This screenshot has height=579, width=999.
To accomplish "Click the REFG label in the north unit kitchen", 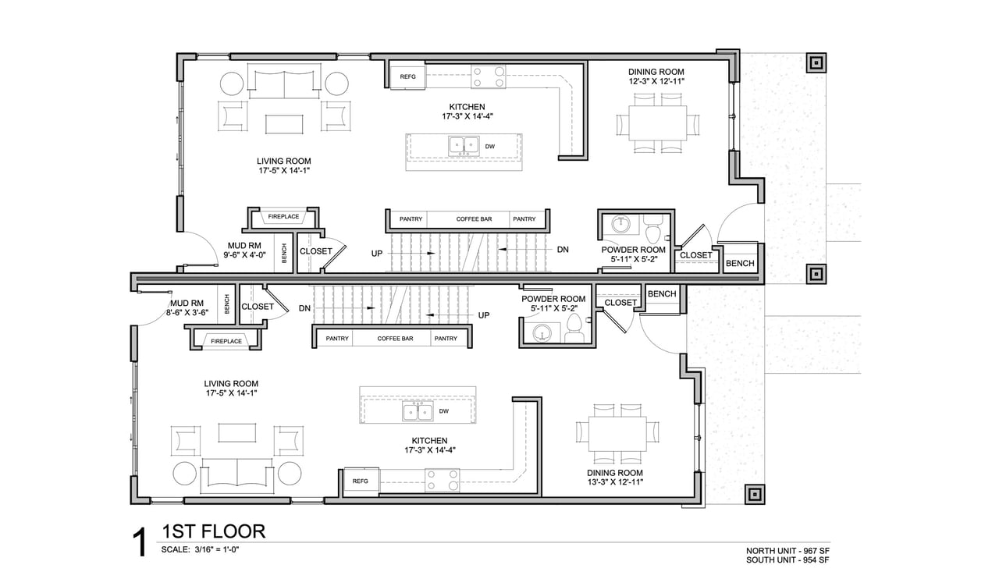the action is (x=407, y=76).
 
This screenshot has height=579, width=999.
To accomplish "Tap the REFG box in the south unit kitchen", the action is (x=361, y=481).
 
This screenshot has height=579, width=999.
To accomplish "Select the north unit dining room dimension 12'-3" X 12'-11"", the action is (x=656, y=81).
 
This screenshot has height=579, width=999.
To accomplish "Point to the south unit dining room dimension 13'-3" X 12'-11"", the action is (x=614, y=481).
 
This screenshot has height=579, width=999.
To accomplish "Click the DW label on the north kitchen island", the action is (x=489, y=147).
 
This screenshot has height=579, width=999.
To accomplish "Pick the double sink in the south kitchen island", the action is (x=418, y=410).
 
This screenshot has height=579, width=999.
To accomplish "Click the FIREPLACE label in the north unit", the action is (x=283, y=217).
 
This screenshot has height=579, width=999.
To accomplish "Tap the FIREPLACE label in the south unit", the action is (x=226, y=341).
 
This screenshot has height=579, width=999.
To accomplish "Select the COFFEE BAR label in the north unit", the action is (x=474, y=219).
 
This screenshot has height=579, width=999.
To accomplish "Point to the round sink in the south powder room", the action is (x=542, y=332).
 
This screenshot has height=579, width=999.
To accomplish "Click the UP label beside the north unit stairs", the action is (x=377, y=254).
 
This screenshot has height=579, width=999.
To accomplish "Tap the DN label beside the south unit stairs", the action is (x=304, y=308).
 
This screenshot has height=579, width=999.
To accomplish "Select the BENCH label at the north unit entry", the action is (x=740, y=263).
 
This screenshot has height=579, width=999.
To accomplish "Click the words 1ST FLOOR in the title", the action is (x=214, y=531).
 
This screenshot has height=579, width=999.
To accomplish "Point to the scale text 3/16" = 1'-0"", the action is (x=217, y=549).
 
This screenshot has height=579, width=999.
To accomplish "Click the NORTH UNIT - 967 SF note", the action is (x=788, y=551).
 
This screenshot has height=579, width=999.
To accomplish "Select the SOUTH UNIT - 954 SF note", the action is (x=788, y=559).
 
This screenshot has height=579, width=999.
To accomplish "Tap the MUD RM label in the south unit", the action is (x=187, y=304).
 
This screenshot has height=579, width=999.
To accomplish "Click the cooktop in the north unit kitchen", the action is (x=489, y=76).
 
